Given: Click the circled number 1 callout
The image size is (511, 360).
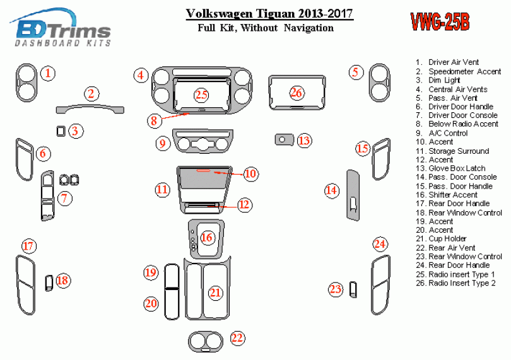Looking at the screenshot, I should point(49,73).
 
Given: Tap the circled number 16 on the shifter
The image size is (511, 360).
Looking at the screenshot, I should point(207,238).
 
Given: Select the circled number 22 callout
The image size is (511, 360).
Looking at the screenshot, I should point(237,339).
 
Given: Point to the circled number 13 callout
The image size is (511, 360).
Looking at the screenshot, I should point(304,140).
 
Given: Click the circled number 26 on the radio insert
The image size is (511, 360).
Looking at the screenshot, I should point(297,93).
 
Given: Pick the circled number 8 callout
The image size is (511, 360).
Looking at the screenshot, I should point(153,120).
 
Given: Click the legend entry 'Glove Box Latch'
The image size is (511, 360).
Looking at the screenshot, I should point(448,168).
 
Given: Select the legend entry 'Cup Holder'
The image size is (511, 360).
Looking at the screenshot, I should point(447,239).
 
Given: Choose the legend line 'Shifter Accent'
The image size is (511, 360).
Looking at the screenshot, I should point(451,195).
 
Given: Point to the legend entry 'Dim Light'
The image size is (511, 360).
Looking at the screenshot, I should point(444,80).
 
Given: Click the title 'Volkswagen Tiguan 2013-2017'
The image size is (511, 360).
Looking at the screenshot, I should point(269,14).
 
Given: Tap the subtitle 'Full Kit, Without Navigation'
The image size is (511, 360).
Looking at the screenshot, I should point(265,28).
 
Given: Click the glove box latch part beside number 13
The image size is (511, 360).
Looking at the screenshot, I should point(285,139).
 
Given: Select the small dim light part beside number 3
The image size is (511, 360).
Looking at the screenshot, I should point(61,131).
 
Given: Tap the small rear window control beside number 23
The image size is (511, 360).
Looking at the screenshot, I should point(353,289).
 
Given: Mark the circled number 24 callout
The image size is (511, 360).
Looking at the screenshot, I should point(379,244).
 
